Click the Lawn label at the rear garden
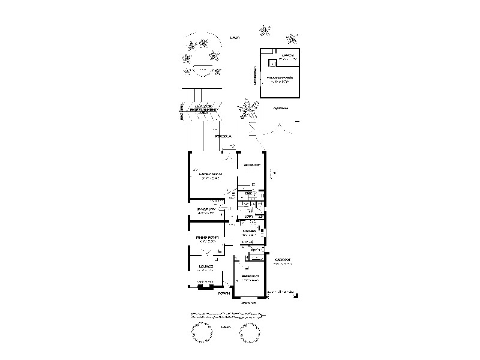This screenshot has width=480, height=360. tap(235, 38)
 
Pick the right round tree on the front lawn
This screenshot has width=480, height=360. tap(251, 331)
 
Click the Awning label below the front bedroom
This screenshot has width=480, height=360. tap(249, 303)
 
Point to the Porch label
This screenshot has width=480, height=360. tap(224, 293)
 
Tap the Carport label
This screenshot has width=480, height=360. tap(282, 260)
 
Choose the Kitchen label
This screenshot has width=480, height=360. tap(250, 231)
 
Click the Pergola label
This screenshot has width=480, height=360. tap(224, 136)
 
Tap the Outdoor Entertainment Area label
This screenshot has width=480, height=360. tap(203, 109)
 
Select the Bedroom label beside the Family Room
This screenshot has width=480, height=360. tap(251, 164)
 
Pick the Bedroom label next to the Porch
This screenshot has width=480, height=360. tap(249, 276)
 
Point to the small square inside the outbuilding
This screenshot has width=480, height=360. tap(272, 62)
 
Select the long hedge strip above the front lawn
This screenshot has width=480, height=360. tap(226, 314)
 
